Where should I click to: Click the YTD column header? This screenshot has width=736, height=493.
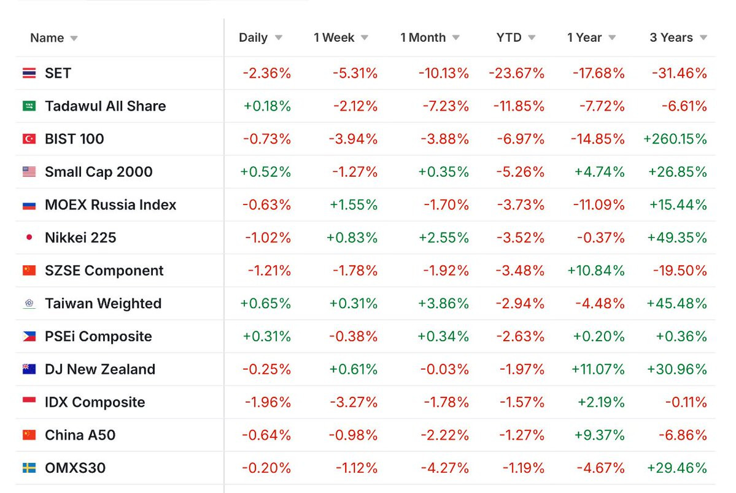[509, 37]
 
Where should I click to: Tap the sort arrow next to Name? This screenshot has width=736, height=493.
[74, 39]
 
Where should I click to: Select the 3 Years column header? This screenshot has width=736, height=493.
[671, 37]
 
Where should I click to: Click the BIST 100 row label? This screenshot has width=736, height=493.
[74, 139]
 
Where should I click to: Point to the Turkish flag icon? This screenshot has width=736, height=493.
[29, 139]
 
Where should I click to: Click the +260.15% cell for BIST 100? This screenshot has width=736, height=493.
[675, 139]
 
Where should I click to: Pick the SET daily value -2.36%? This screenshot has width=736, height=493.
[266, 73]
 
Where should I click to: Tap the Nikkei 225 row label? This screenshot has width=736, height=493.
[80, 238]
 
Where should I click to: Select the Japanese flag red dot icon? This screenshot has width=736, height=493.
[29, 237]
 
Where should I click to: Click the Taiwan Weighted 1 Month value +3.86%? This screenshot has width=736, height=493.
[444, 303]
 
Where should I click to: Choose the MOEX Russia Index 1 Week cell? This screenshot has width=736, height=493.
[354, 204]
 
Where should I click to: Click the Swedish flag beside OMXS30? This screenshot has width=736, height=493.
[29, 468]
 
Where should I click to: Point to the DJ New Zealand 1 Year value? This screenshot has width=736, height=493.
[598, 369]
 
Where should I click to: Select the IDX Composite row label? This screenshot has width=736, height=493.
[95, 402]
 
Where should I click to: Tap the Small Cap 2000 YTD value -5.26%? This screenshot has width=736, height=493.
[521, 172]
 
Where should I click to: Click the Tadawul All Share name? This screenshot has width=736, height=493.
[105, 106]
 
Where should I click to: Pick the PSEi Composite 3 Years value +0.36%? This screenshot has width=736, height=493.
[681, 336]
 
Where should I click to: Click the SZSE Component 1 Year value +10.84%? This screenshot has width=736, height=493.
[596, 271]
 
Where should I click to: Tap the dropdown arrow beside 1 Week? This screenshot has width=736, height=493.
[365, 37]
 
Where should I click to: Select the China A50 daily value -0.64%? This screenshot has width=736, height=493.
[266, 435]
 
